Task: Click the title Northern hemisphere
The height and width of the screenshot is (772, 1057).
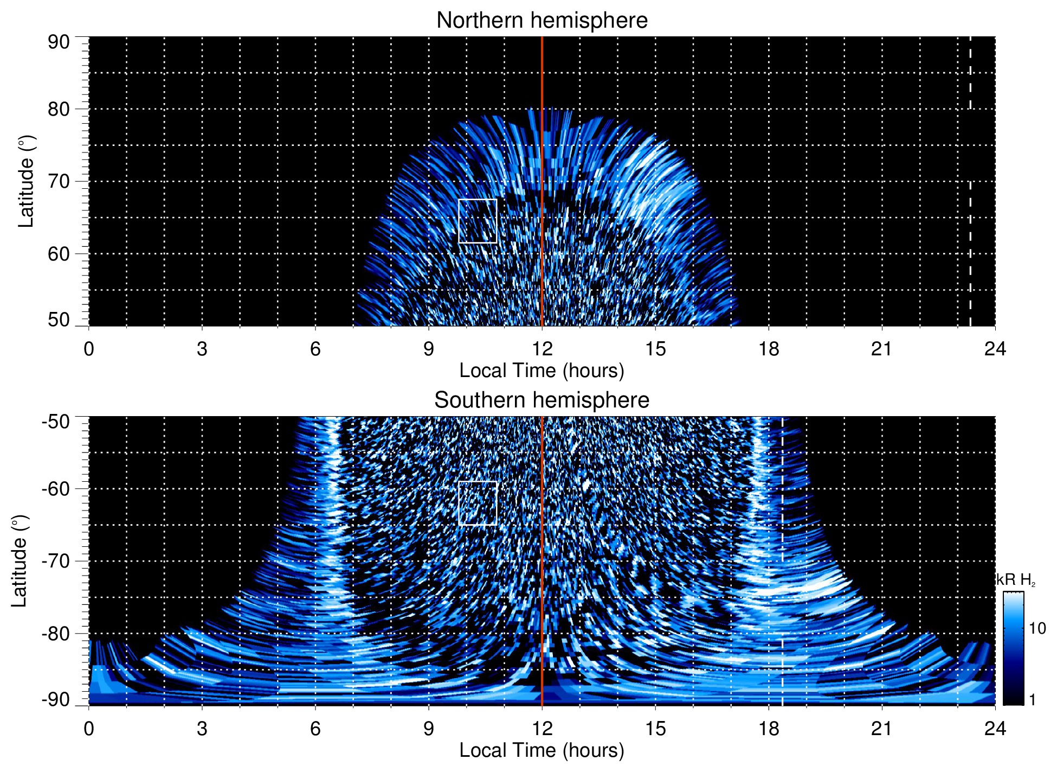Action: pos(542,21)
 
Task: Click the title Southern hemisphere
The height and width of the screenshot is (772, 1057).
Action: pos(542,400)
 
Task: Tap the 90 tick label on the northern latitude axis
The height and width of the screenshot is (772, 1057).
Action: pos(59,42)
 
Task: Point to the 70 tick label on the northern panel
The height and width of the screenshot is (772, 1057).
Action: pos(59,181)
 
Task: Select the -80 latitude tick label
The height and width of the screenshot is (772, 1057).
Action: pos(56,633)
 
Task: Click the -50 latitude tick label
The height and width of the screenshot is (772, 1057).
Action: pos(56,422)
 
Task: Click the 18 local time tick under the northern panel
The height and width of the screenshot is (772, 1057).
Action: pos(769,349)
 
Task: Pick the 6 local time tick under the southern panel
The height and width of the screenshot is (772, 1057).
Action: pos(315,729)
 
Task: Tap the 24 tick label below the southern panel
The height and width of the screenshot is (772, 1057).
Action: pos(995,729)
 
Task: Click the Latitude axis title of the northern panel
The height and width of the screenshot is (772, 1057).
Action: pos(26,181)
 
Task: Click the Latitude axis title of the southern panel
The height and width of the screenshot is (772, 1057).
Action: pos(20,561)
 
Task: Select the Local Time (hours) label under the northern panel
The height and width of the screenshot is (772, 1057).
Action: pos(542,371)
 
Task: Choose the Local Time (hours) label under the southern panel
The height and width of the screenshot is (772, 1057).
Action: pos(542,750)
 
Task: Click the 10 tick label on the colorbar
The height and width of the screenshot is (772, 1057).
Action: pos(1037,628)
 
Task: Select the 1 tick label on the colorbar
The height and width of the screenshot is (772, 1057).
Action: pos(1032,700)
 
